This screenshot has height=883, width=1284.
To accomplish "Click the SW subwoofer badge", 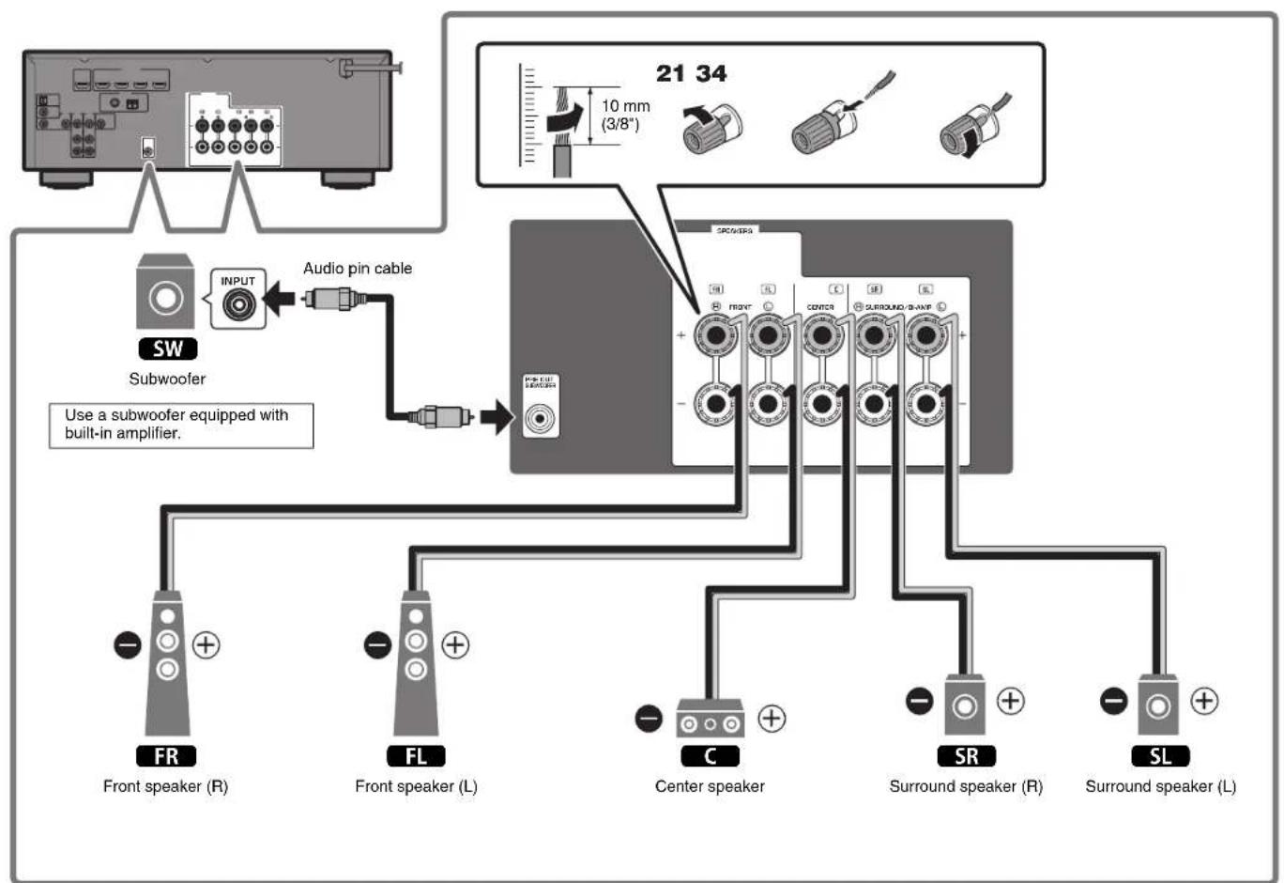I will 168,349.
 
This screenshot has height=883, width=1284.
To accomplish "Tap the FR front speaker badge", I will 166,756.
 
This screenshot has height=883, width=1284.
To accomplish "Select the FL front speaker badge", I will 416,756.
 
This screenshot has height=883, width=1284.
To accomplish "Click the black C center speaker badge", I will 710,756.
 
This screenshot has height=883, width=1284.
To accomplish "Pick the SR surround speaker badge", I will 966,756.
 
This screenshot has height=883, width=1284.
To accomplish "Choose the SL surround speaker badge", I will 1160,756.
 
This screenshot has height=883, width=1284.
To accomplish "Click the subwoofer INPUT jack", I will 237,304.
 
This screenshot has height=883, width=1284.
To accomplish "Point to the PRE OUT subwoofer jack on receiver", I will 540,417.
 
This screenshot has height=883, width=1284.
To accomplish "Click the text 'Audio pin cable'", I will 358,269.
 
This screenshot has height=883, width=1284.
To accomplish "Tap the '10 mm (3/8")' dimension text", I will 625,115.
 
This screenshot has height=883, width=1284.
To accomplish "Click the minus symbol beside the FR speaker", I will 128,645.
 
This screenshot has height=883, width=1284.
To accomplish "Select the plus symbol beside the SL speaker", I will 1204,701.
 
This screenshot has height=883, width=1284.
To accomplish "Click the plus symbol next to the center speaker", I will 772,719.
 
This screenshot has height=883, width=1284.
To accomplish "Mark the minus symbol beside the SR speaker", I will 920,701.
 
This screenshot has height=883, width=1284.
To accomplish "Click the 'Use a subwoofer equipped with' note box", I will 180,425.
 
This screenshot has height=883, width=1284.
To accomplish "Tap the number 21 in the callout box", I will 670,73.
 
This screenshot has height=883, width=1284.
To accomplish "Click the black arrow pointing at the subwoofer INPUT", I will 279,302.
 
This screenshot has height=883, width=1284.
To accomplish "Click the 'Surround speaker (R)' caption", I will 966,786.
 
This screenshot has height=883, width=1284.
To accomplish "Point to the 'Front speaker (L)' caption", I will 416,786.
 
